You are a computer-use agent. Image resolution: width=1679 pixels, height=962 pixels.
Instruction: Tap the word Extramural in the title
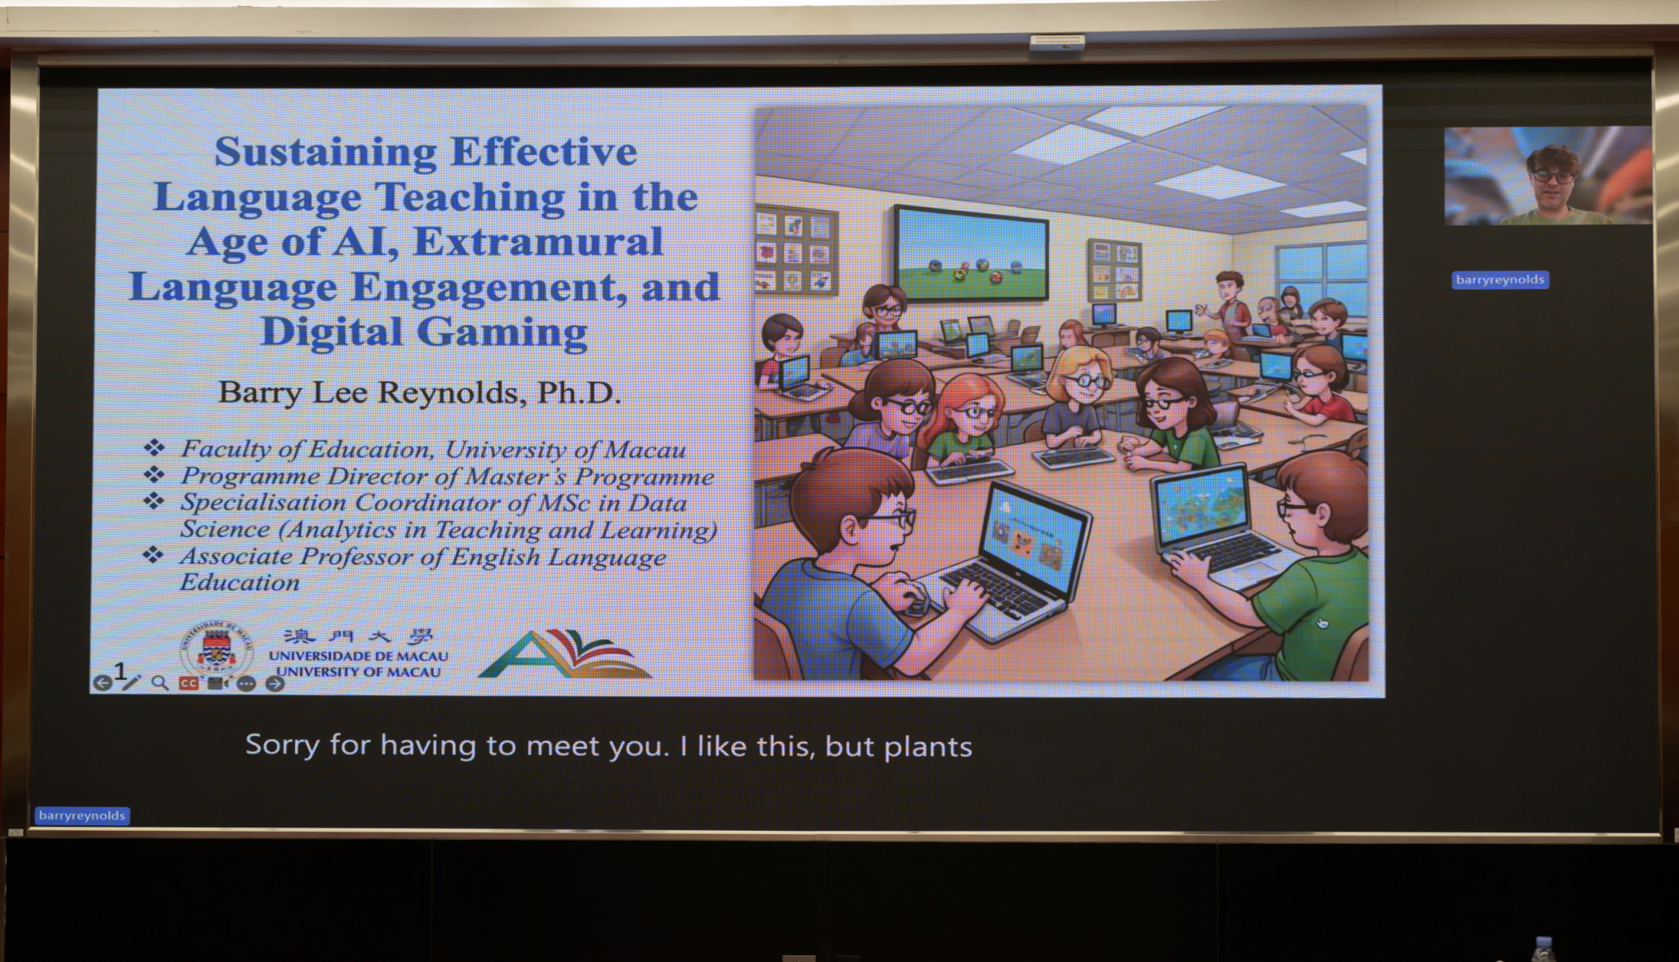[538, 242]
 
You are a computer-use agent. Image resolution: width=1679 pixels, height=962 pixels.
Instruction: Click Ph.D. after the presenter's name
[579, 393]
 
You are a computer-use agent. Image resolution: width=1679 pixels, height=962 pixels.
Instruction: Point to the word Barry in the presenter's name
[260, 394]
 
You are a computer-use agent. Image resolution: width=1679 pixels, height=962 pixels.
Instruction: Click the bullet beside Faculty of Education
[154, 448]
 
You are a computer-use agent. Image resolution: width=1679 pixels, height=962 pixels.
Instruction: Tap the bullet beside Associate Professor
[153, 555]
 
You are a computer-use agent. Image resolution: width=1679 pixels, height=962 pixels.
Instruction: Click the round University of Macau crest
[216, 649]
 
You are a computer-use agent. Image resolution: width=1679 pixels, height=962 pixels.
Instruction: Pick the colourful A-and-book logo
[565, 654]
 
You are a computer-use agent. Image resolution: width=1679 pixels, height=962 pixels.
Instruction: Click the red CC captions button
[189, 682]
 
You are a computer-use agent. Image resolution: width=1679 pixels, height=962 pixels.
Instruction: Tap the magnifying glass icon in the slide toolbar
[160, 682]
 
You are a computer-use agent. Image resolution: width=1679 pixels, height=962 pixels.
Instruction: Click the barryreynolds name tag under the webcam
[1499, 280]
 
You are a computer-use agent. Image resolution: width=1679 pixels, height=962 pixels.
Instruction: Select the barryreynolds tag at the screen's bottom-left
[82, 815]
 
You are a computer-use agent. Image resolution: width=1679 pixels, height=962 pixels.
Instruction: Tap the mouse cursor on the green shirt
[1322, 623]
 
